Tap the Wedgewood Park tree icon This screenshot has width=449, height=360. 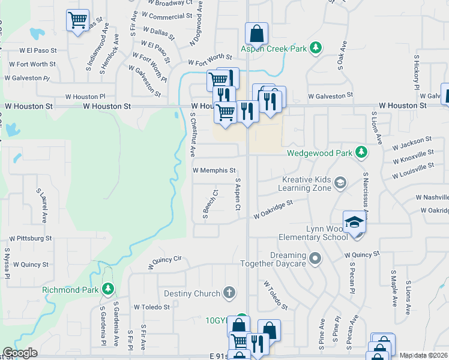click(361, 153)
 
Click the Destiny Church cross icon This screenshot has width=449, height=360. click(228, 293)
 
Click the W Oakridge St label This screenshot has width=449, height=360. click(273, 208)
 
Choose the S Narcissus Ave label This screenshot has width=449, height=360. click(366, 195)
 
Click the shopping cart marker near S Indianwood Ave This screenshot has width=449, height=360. click(78, 21)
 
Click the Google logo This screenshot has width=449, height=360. click(20, 353)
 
